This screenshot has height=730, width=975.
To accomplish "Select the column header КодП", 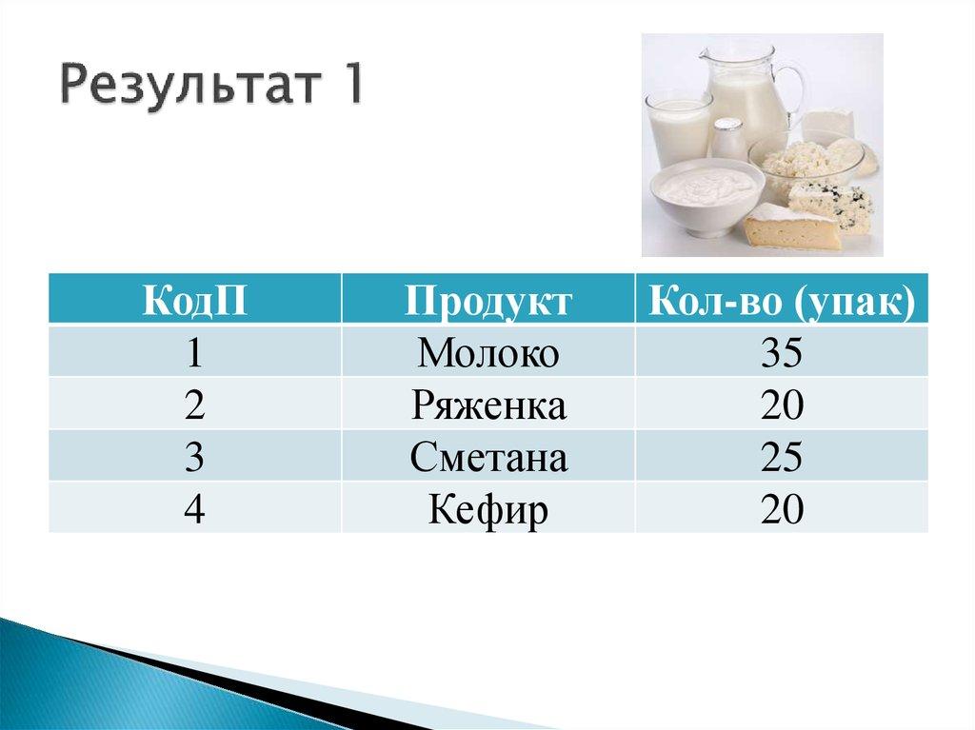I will pyautogui.click(x=195, y=300).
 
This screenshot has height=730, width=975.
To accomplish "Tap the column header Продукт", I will pyautogui.click(x=488, y=300).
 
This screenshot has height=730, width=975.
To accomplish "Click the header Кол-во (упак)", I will pyautogui.click(x=781, y=300).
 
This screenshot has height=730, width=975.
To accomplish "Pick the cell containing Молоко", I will pyautogui.click(x=488, y=353).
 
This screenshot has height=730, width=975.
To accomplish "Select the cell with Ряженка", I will pyautogui.click(x=488, y=405).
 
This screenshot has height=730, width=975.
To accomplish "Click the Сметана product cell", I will pyautogui.click(x=488, y=458).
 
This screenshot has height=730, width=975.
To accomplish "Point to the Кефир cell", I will pyautogui.click(x=488, y=510).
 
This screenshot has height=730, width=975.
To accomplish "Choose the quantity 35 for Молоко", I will pyautogui.click(x=781, y=353).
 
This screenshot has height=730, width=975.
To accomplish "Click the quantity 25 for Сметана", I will pyautogui.click(x=781, y=458).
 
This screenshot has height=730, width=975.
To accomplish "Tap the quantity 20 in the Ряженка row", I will pyautogui.click(x=781, y=405).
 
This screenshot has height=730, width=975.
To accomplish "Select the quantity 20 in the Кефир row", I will pyautogui.click(x=781, y=510).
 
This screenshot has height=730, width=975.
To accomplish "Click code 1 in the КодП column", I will pyautogui.click(x=195, y=353).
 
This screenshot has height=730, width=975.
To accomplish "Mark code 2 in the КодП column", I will pyautogui.click(x=195, y=405).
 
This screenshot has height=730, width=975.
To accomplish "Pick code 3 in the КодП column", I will pyautogui.click(x=195, y=458).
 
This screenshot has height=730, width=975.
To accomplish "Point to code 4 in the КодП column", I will pyautogui.click(x=195, y=510).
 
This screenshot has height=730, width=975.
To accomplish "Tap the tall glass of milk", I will pyautogui.click(x=678, y=128).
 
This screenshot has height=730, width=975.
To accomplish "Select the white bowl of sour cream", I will pyautogui.click(x=706, y=195).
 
